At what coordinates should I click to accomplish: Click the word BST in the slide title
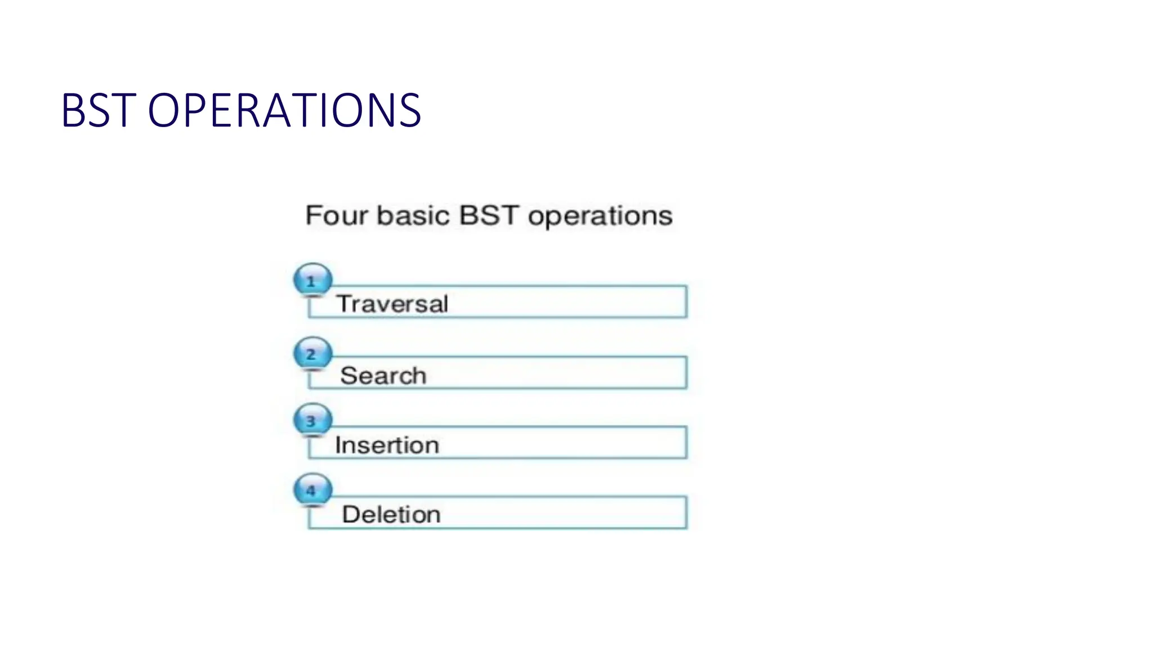pyautogui.click(x=98, y=110)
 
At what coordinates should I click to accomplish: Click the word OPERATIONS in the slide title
pyautogui.click(x=284, y=110)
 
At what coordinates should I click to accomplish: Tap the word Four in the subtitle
pyautogui.click(x=336, y=215)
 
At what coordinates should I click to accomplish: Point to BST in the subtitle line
pyautogui.click(x=488, y=215)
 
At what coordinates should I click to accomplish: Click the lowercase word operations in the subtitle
pyautogui.click(x=600, y=217)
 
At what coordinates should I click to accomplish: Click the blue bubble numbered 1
pyautogui.click(x=312, y=280)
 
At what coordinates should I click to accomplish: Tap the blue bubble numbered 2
pyautogui.click(x=312, y=353)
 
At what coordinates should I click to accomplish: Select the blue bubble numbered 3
pyautogui.click(x=312, y=420)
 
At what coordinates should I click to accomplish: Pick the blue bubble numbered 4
pyautogui.click(x=312, y=489)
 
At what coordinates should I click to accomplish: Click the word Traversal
pyautogui.click(x=392, y=304)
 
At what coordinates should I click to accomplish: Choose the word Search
pyautogui.click(x=383, y=375)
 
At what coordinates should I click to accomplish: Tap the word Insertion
pyautogui.click(x=387, y=445)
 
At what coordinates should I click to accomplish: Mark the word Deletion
pyautogui.click(x=391, y=514)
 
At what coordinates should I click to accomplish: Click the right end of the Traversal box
pyautogui.click(x=685, y=302)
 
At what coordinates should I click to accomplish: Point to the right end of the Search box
pyautogui.click(x=685, y=372)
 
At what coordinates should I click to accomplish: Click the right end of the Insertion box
pyautogui.click(x=685, y=443)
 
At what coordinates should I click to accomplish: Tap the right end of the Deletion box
pyautogui.click(x=685, y=512)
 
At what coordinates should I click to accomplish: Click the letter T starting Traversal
pyautogui.click(x=344, y=304)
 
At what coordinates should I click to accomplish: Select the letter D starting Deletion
pyautogui.click(x=350, y=514)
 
